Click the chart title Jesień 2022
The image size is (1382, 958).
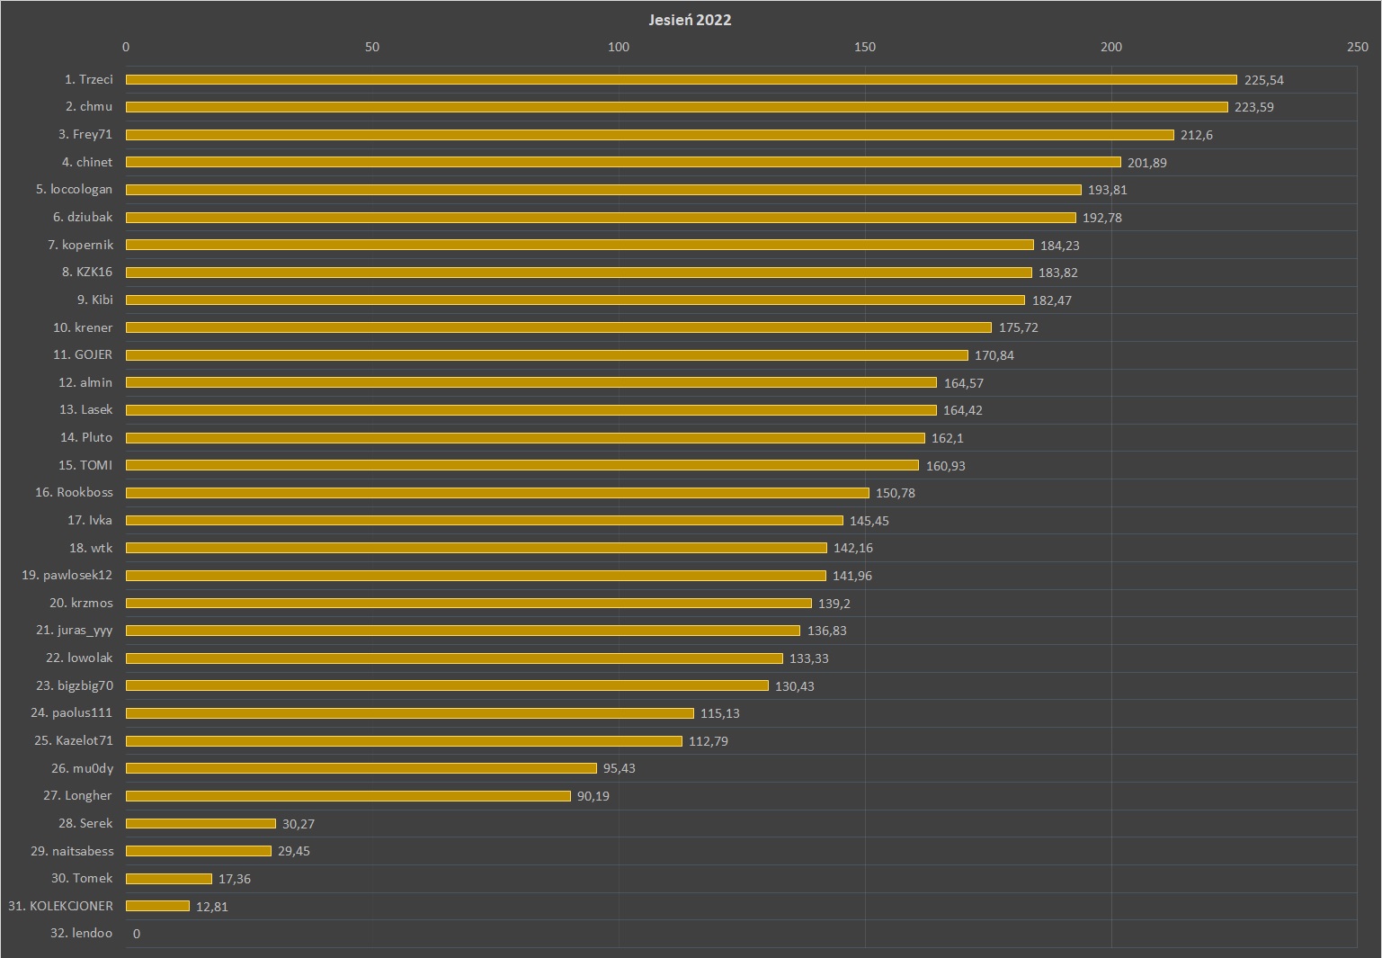(x=690, y=20)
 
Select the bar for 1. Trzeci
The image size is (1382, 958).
(x=681, y=80)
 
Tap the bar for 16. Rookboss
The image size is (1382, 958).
(x=497, y=493)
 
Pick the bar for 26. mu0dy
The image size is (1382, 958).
(x=361, y=768)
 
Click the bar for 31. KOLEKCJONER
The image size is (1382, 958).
(x=157, y=906)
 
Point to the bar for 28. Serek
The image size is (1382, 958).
(x=201, y=823)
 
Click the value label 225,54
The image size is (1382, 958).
(x=1263, y=80)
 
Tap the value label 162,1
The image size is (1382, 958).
(x=947, y=438)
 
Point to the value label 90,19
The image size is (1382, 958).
(x=593, y=796)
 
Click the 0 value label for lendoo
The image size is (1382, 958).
(x=137, y=934)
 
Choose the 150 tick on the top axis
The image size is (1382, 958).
(x=864, y=47)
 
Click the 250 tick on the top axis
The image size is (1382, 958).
(x=1357, y=47)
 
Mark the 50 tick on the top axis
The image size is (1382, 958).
(x=372, y=47)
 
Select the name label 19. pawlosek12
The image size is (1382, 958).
(x=67, y=575)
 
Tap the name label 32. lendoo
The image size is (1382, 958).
(x=82, y=933)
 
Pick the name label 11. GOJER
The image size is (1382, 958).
(x=83, y=354)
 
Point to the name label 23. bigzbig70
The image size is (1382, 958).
(x=75, y=685)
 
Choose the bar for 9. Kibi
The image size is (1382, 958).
(x=575, y=300)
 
